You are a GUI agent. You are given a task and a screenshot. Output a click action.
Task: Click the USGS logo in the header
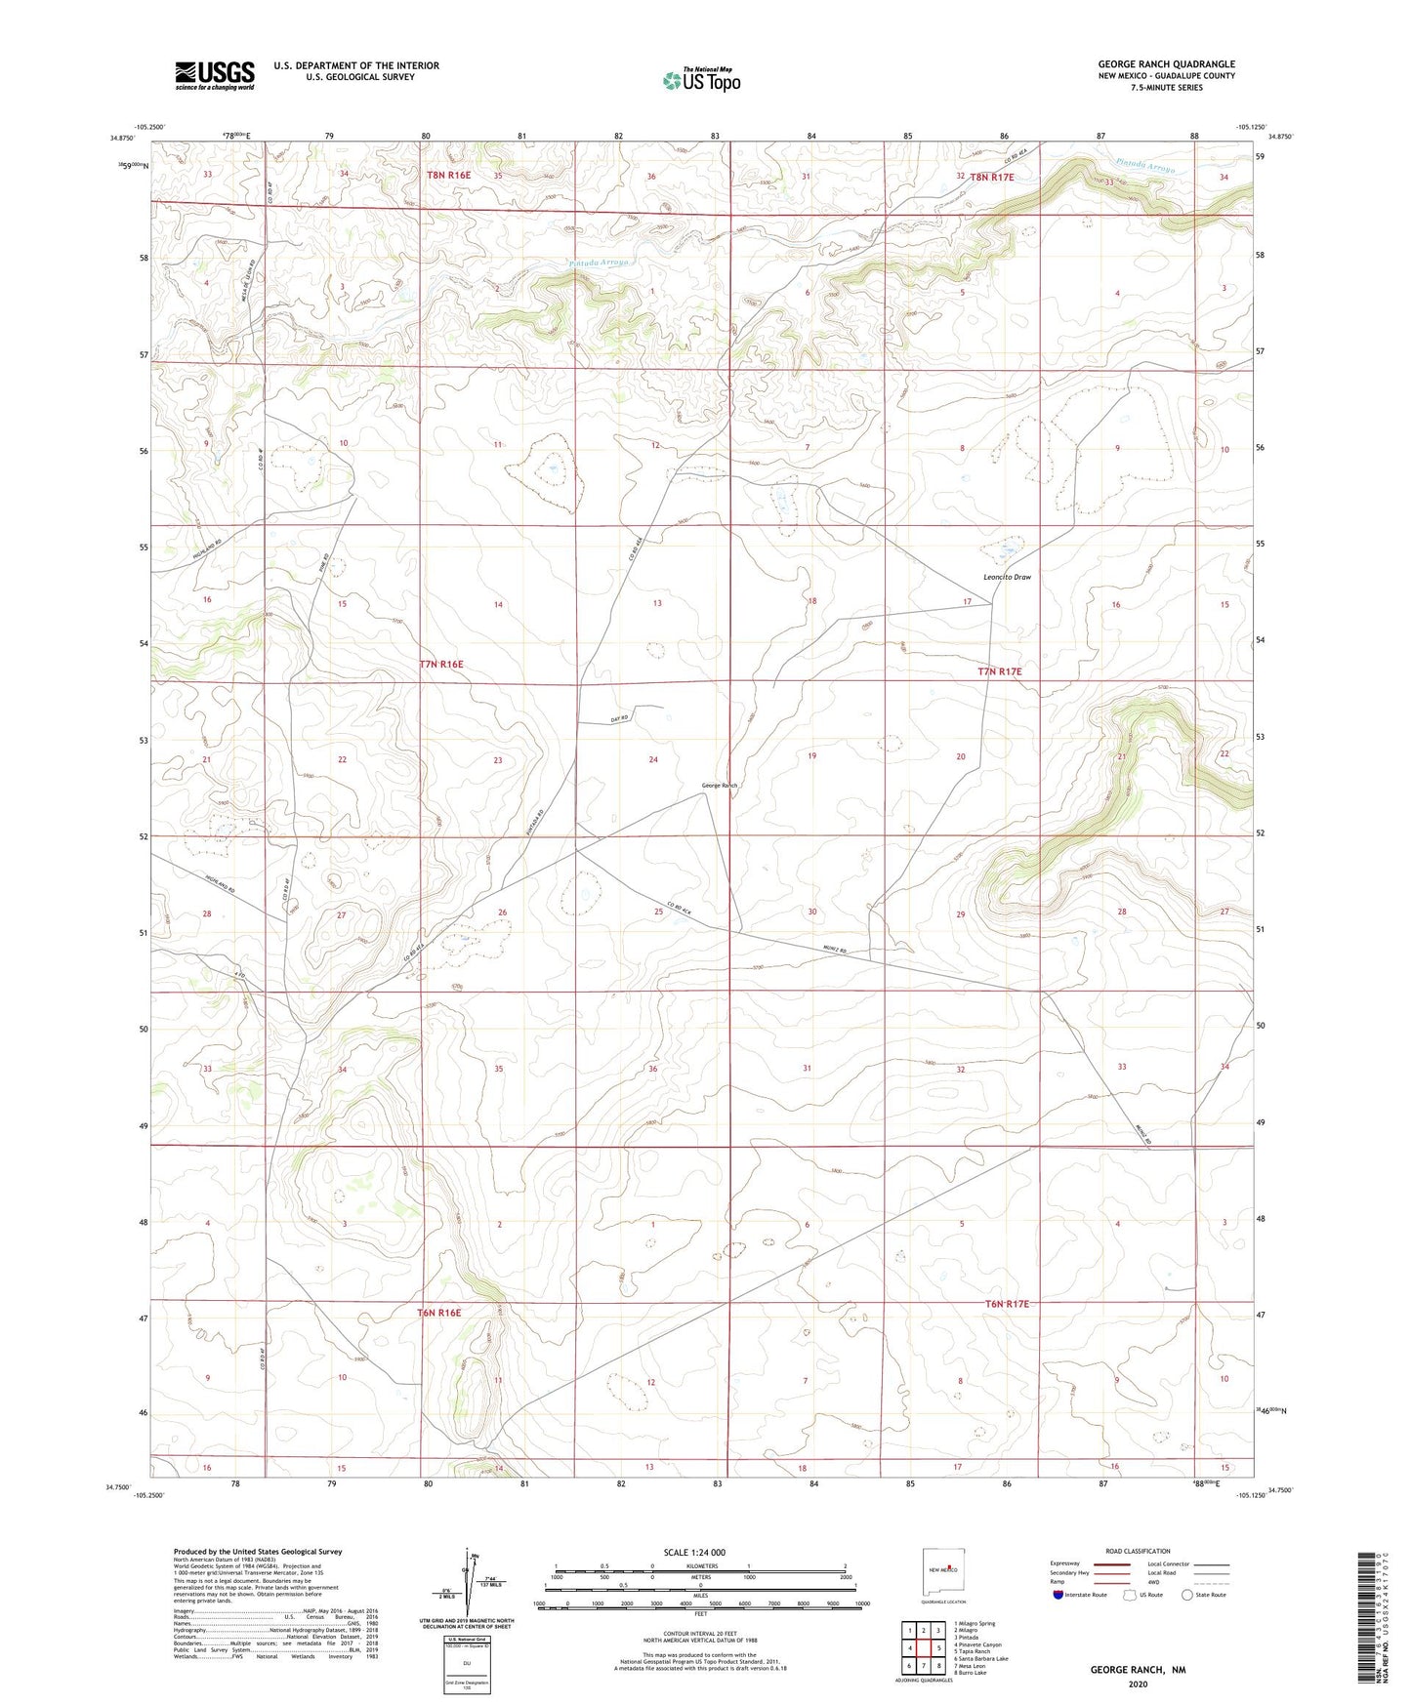pos(215,75)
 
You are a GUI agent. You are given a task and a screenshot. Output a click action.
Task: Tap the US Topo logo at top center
pos(701,79)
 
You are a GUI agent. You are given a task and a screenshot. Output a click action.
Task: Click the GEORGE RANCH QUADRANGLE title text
pos(1166,63)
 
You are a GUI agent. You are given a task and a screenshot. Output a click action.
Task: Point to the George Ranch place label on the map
pos(720,786)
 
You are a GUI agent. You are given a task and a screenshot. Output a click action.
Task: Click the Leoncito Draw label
pos(1008,577)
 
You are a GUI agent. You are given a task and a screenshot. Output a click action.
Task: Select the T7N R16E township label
pos(441,664)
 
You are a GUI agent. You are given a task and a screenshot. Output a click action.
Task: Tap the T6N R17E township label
pos(1007,1304)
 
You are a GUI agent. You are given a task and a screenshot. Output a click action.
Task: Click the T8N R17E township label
pos(991,177)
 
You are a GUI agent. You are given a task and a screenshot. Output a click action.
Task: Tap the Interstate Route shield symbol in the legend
pos(1058,1596)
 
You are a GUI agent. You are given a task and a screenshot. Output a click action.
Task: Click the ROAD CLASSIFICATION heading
pos(1138,1551)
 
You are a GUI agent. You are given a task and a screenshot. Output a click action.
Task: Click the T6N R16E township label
pos(438,1313)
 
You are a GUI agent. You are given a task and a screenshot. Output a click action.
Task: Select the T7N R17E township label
pos(999,671)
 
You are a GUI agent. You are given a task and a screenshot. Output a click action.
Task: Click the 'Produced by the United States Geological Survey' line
pos(258,1551)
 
